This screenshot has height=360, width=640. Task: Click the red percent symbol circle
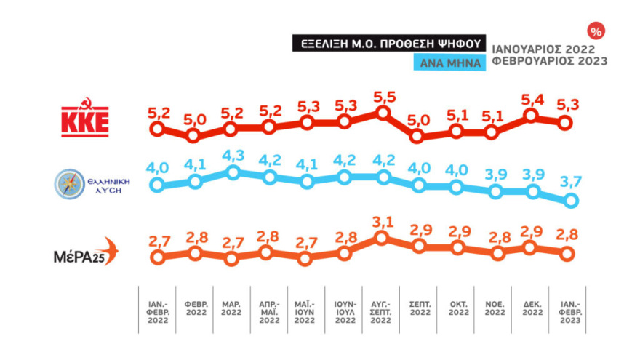pos(596,31)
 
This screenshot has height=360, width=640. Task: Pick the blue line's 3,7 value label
pos(571,182)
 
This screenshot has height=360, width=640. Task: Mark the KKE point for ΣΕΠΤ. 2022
pos(417,136)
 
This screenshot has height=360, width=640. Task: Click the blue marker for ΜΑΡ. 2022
pos(233,173)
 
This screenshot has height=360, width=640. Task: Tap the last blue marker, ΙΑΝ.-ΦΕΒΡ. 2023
pos(571,200)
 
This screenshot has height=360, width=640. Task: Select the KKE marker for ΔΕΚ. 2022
pos(532,116)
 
